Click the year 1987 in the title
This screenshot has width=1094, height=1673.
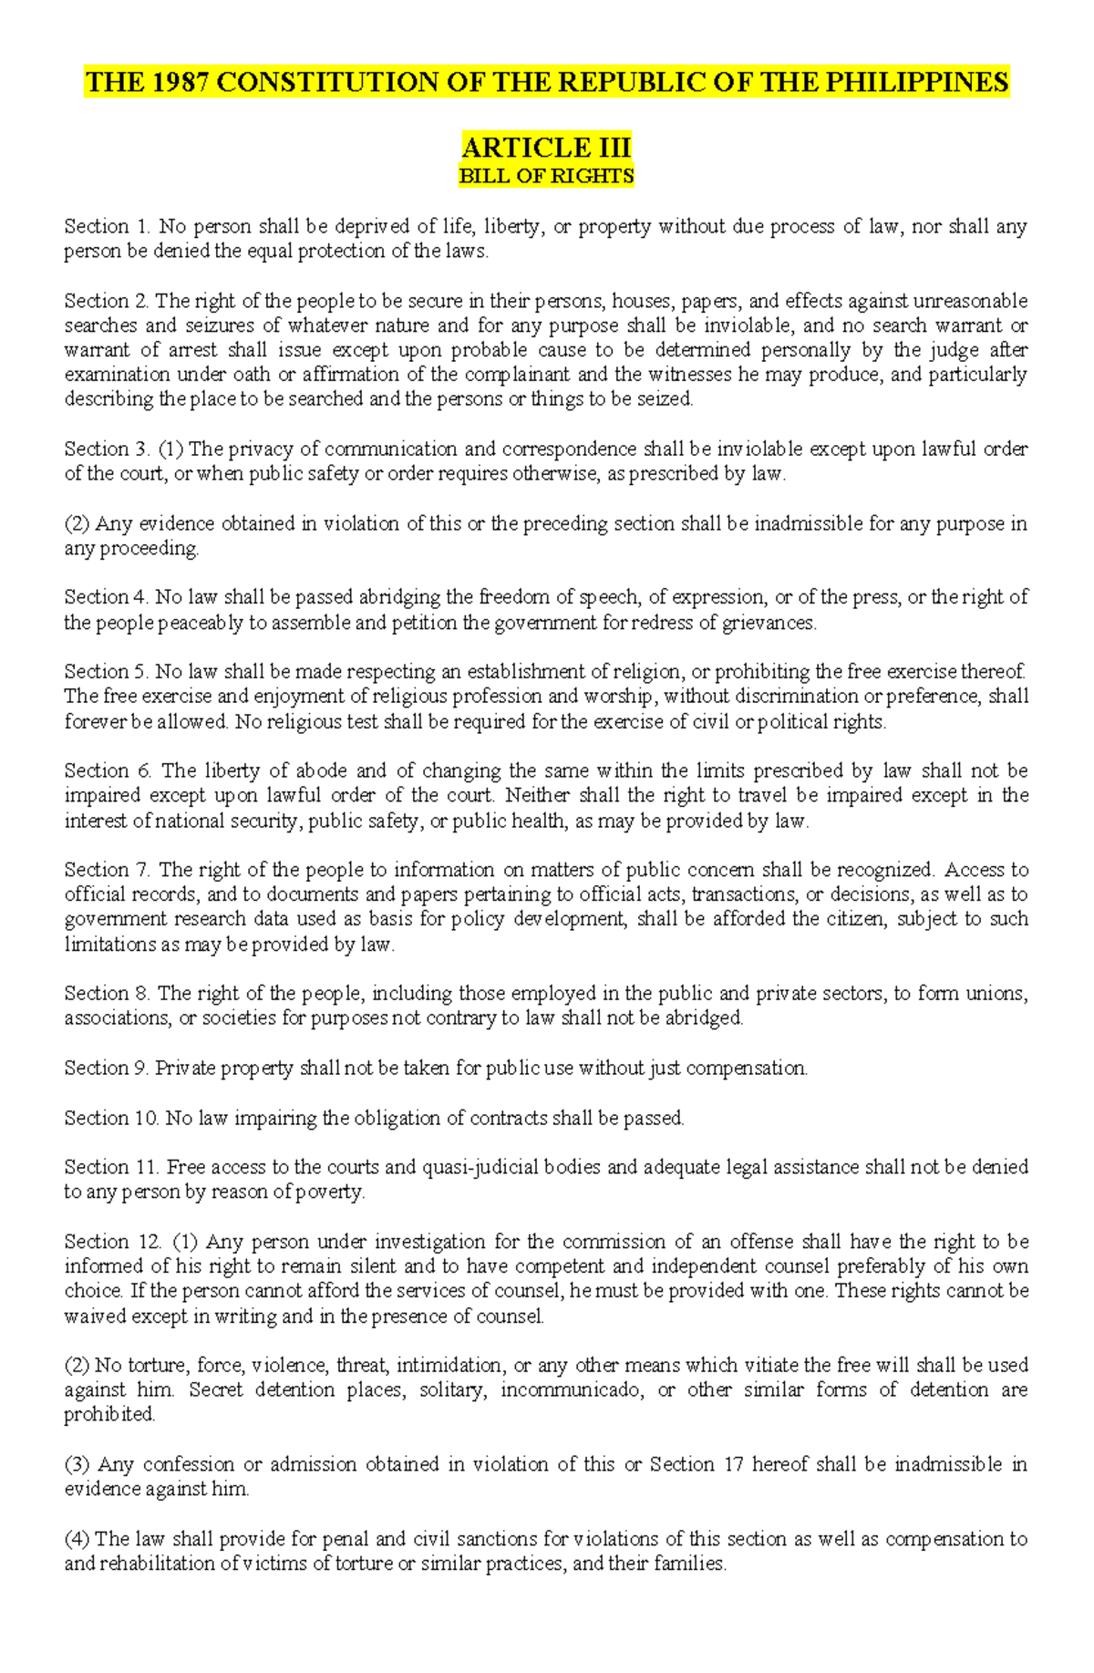pyautogui.click(x=179, y=82)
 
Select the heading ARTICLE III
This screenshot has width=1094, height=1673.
pyautogui.click(x=546, y=147)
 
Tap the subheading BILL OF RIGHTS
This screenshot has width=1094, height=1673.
pyautogui.click(x=546, y=176)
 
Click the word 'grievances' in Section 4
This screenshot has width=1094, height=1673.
pyautogui.click(x=769, y=623)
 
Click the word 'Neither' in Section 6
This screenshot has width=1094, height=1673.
pyautogui.click(x=538, y=795)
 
